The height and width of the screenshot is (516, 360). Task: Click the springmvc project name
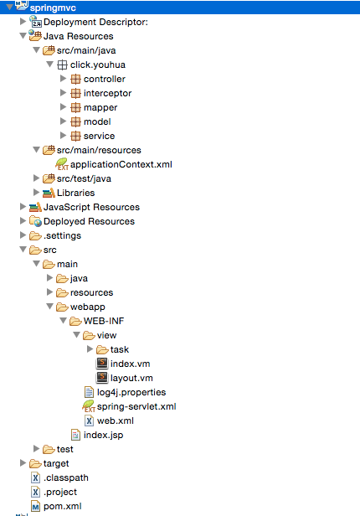click(x=53, y=8)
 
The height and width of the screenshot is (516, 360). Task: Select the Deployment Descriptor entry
click(x=95, y=22)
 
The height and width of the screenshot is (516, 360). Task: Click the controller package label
click(x=104, y=79)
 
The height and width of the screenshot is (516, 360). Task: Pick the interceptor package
click(x=107, y=93)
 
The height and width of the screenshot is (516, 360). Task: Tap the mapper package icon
click(x=75, y=107)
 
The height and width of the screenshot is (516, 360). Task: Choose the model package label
click(x=97, y=121)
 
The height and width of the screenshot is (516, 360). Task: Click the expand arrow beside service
click(x=63, y=135)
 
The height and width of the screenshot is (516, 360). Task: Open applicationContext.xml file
click(x=121, y=164)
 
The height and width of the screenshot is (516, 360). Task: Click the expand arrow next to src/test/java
click(x=36, y=178)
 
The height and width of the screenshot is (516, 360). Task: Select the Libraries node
click(x=75, y=193)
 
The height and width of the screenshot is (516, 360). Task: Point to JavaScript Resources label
click(x=91, y=207)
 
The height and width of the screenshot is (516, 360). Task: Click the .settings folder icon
click(x=35, y=235)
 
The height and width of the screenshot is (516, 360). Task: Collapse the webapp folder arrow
click(x=50, y=307)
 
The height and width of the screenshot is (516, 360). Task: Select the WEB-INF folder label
click(x=104, y=321)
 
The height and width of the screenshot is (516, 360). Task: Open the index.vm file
click(x=131, y=364)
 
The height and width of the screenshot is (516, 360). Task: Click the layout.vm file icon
click(x=102, y=378)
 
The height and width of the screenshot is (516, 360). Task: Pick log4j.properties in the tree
click(x=131, y=392)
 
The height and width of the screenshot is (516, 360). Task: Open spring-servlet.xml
click(x=136, y=406)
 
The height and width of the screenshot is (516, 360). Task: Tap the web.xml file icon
click(x=89, y=421)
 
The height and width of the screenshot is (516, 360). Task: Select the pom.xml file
click(x=63, y=506)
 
